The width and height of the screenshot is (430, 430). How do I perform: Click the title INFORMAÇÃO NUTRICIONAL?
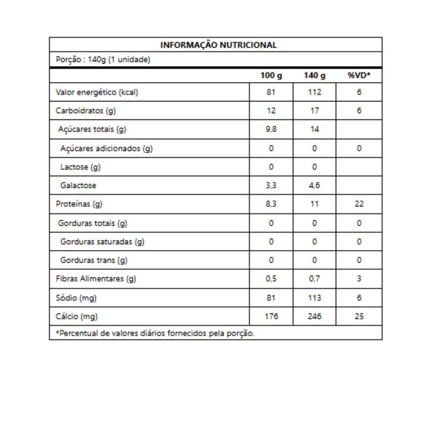click(x=219, y=45)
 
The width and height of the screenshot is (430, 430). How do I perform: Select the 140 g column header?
click(x=314, y=76)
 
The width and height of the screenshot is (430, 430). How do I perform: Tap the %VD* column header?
click(x=359, y=76)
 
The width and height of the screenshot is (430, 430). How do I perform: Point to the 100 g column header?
click(x=271, y=76)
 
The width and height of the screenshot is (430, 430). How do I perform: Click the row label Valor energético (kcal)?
click(x=97, y=92)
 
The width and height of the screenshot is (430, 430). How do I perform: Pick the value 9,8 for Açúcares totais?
click(x=271, y=130)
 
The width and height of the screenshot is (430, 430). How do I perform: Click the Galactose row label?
click(x=78, y=185)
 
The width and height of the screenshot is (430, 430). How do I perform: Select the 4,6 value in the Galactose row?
click(x=314, y=185)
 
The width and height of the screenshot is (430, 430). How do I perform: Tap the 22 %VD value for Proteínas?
click(x=359, y=204)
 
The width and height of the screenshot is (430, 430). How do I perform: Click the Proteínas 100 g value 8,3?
click(x=271, y=204)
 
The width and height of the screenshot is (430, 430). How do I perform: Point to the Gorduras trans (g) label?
click(x=94, y=260)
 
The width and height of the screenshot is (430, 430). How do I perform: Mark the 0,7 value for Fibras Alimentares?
click(x=314, y=279)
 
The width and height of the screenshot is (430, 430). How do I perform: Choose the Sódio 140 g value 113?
click(x=314, y=298)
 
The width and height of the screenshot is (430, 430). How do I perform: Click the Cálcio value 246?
click(x=314, y=317)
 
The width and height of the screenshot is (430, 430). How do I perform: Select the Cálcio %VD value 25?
click(x=359, y=317)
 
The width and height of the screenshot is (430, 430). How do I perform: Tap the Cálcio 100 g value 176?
click(x=271, y=317)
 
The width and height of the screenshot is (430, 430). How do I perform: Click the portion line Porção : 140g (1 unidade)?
click(x=103, y=60)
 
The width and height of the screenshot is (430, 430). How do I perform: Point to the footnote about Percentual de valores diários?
click(x=155, y=333)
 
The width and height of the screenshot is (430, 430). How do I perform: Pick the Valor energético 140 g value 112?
click(x=314, y=92)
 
